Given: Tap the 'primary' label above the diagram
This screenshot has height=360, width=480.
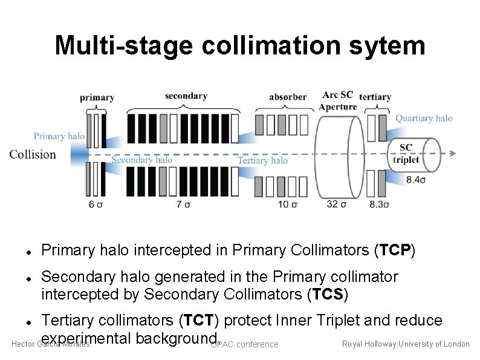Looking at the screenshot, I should point(97,97).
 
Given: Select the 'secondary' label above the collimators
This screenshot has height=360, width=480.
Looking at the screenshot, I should point(186,96).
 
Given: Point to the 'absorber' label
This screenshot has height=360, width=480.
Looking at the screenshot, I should point(288,97).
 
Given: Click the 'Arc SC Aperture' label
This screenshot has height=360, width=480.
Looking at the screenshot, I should point(338,101).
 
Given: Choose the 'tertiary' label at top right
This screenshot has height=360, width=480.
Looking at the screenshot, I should point(375,97).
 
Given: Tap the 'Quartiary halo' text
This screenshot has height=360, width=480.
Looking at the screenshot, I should point(424,119).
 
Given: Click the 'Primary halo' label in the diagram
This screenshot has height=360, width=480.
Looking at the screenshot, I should point(59,136).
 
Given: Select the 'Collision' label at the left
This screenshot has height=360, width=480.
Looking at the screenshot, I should point(33,154).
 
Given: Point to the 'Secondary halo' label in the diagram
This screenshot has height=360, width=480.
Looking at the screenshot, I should point(142,160).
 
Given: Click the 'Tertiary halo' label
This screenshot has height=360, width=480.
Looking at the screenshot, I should point(262,160).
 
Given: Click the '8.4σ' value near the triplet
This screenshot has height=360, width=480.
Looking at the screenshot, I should point(415,180).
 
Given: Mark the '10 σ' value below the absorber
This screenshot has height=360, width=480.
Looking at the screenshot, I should point(287,205).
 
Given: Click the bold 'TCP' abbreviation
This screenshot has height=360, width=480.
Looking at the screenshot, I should point(394,249).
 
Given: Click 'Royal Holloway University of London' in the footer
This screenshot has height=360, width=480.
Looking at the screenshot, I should point(406,344).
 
